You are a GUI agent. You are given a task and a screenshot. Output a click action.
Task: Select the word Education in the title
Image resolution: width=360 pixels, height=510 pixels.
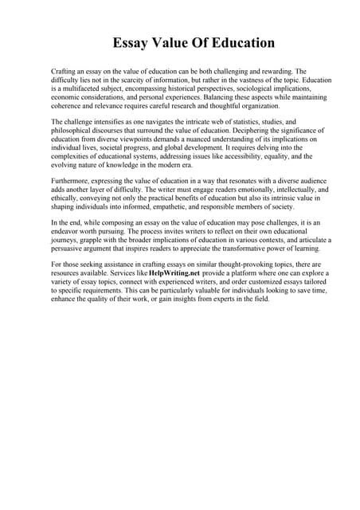(x=243, y=43)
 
